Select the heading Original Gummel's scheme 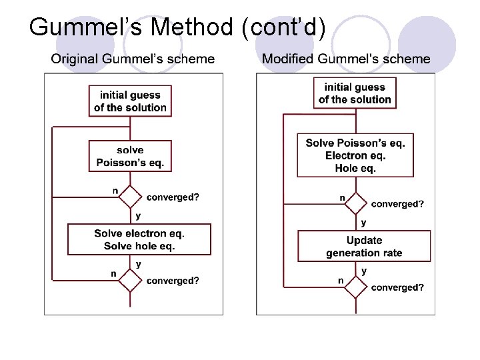[133, 59]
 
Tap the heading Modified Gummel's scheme [346, 59]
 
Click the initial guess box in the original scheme [130, 101]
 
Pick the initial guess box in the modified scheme [355, 93]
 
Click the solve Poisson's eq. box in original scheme [130, 156]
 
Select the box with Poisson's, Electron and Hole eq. [355, 156]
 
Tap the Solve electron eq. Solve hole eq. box [139, 240]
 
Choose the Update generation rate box [364, 247]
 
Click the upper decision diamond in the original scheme [130, 197]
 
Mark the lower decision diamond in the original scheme [130, 280]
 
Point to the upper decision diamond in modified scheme [355, 203]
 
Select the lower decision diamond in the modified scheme [355, 287]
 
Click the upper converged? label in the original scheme [173, 197]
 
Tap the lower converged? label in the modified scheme [397, 288]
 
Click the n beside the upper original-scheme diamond [115, 191]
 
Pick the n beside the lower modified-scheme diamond [341, 281]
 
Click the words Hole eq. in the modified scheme [355, 169]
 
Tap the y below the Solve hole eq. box [138, 265]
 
